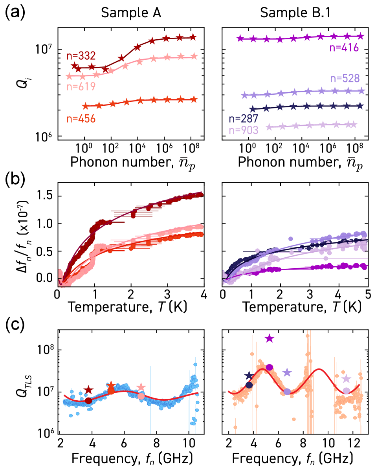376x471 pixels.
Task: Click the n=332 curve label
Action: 81,55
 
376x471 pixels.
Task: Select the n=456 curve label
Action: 81,118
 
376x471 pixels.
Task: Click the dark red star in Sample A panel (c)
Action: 88,390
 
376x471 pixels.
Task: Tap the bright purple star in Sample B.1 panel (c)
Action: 269,338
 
